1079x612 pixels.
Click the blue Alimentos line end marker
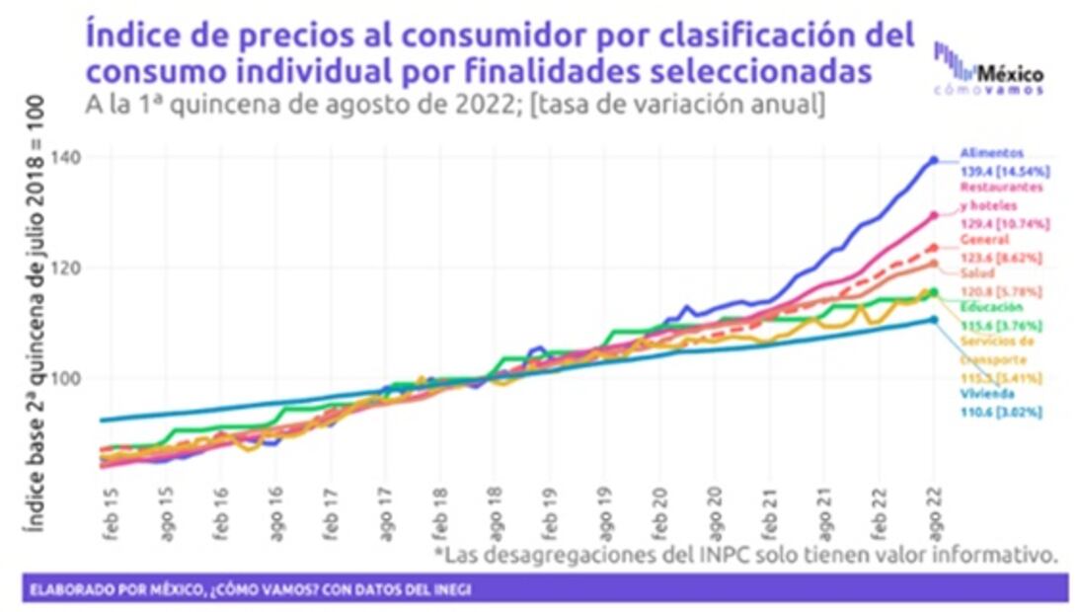(x=934, y=160)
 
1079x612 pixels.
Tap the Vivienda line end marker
(x=934, y=319)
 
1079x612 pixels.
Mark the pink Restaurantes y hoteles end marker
(x=934, y=215)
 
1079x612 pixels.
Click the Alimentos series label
(x=988, y=153)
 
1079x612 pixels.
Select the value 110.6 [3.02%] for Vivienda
(x=1001, y=412)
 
